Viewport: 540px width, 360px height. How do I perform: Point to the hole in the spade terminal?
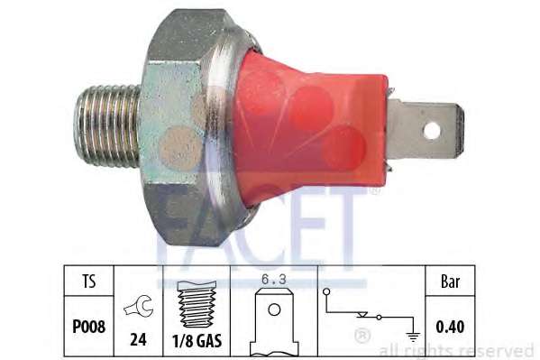pyautogui.click(x=432, y=129)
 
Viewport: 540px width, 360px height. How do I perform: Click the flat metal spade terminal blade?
pyautogui.click(x=424, y=130)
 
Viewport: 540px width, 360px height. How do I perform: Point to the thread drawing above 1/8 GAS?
pyautogui.click(x=197, y=306)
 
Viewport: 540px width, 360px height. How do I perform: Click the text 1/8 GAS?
pyautogui.click(x=197, y=341)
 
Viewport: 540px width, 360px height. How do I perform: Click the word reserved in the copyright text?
pyautogui.click(x=500, y=350)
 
